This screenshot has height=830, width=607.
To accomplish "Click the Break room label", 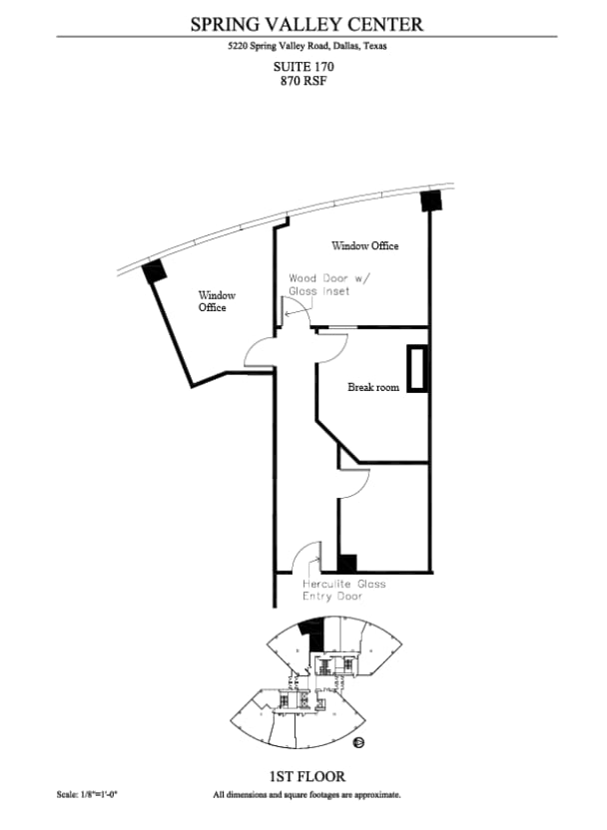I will tap(373, 387).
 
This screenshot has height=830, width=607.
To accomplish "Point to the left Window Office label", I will tap(216, 301).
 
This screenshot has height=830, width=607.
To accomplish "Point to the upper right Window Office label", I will tap(365, 245).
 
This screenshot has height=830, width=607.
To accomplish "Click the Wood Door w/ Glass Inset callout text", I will tap(327, 284).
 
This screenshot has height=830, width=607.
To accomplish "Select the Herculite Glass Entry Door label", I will tap(344, 590).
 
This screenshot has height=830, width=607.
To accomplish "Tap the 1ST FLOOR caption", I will tap(304, 775).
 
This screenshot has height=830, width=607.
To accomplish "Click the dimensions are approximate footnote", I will tap(306, 795).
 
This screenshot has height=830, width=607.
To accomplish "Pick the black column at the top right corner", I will tap(431, 200).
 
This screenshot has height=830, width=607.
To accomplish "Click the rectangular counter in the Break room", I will tap(416, 368).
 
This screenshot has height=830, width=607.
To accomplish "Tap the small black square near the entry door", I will tap(347, 563).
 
